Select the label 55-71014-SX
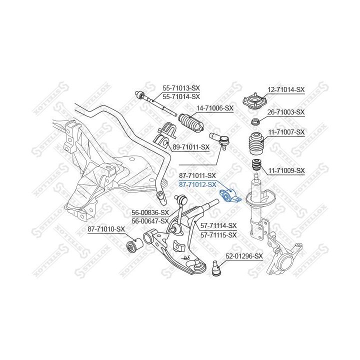(180, 96)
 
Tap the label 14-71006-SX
(214, 107)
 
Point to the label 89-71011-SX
(190, 147)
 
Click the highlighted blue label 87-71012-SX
(197, 184)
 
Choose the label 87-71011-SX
(197, 175)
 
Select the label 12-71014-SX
(285, 89)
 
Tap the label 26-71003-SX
(285, 112)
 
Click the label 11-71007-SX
(285, 132)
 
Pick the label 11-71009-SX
(285, 170)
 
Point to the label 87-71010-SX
(106, 229)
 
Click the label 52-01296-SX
(244, 256)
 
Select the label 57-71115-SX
(218, 234)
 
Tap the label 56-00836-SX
(150, 212)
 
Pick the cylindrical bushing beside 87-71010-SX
(133, 246)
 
